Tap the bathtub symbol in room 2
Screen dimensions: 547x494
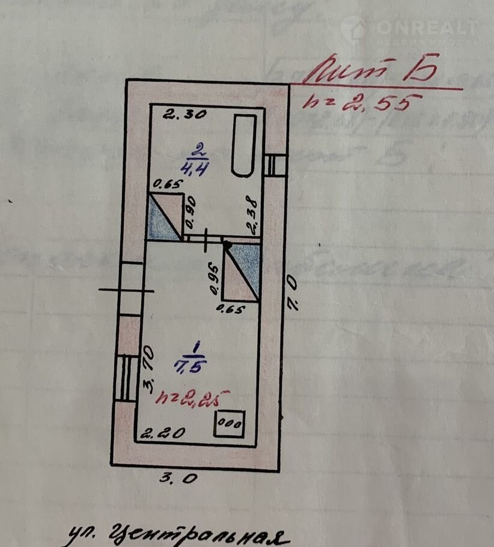tap(245, 145)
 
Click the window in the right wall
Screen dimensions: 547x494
tap(275, 164)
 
